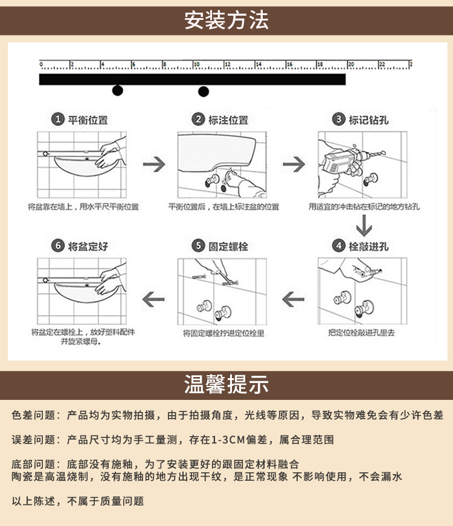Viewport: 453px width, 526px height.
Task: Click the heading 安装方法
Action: click(226, 21)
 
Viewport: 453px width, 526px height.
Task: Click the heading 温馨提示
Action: click(226, 384)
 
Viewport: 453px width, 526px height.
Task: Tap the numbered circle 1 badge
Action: click(58, 119)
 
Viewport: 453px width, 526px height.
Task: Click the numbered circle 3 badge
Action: click(339, 119)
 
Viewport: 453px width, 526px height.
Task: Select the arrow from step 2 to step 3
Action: click(294, 164)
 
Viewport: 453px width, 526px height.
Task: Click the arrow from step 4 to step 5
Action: click(294, 297)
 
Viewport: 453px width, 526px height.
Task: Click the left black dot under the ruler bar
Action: click(117, 90)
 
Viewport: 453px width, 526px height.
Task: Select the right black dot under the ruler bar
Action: click(204, 92)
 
